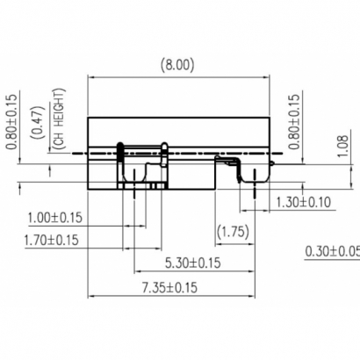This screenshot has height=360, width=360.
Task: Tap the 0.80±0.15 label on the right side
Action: tap(295, 118)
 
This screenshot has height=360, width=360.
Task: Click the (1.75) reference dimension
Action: tap(231, 234)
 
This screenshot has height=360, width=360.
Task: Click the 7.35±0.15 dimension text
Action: tap(169, 286)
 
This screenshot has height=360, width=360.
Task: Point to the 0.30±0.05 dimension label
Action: tap(331, 252)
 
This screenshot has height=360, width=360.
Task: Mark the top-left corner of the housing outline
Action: tap(87, 117)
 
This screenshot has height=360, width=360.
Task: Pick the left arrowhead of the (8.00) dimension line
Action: tap(90, 77)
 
